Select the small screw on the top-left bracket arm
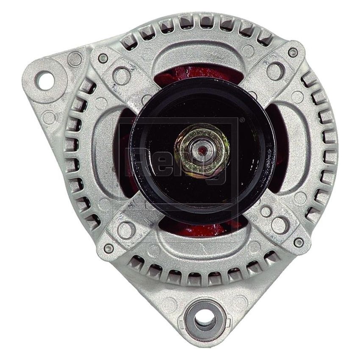tap(103, 58)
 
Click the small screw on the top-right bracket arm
tap(293, 53)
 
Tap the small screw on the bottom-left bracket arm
tap(108, 249)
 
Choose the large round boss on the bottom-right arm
tap(280, 225)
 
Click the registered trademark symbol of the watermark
tap(242, 120)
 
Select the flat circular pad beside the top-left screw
tap(75, 58)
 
